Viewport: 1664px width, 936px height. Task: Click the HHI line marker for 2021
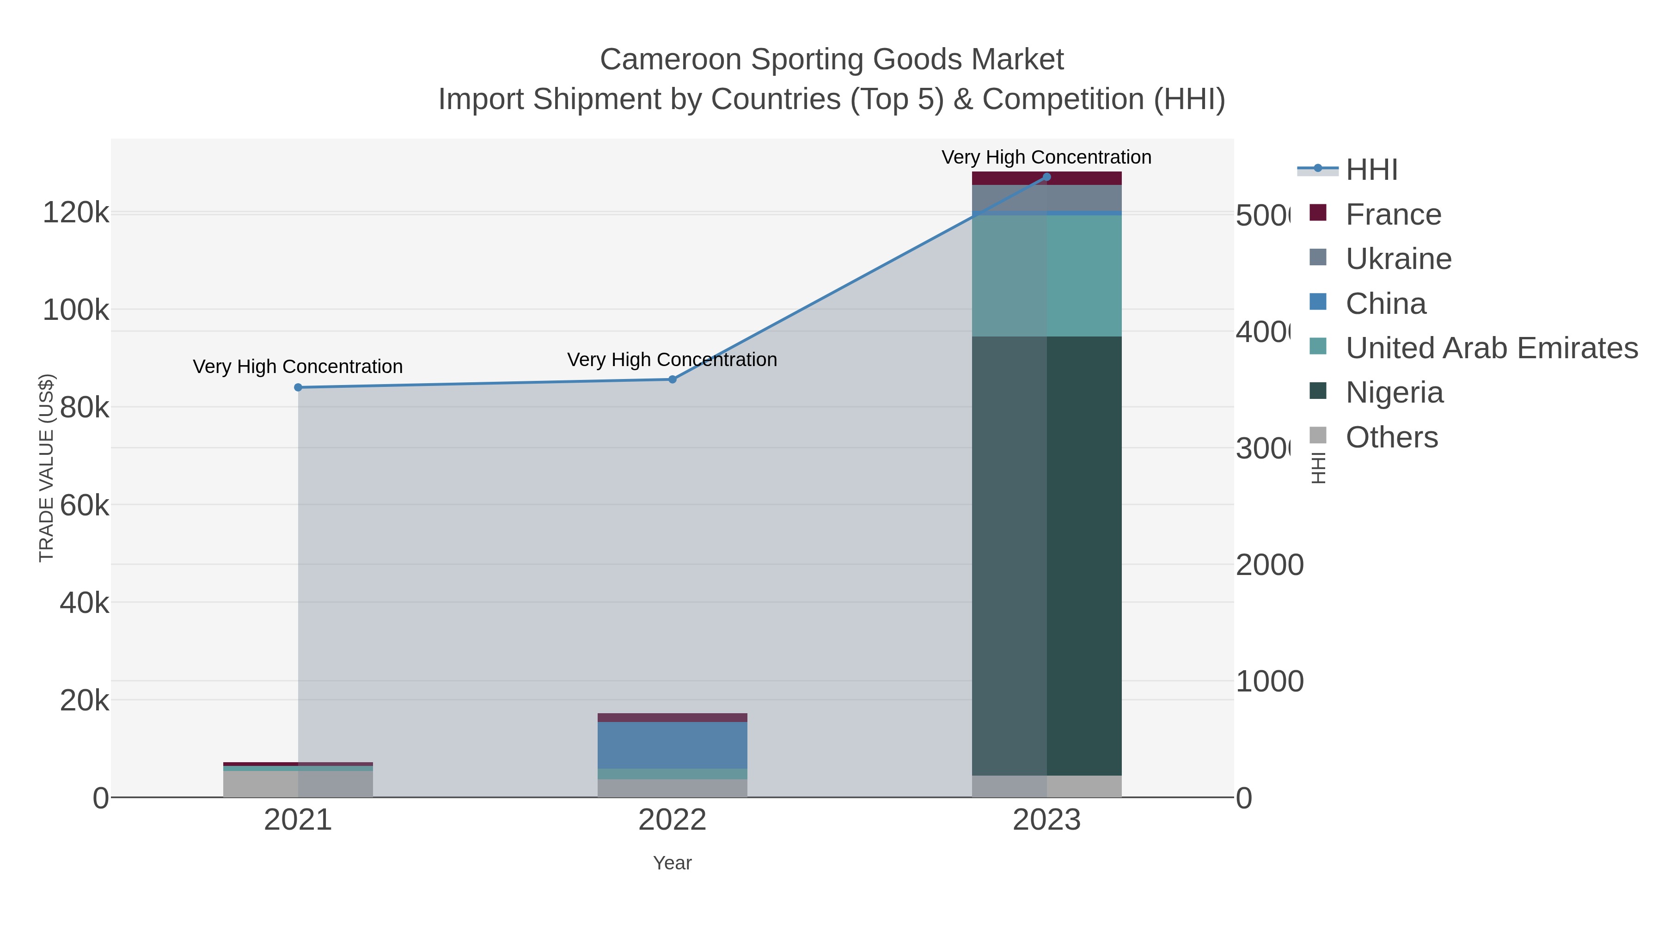(x=298, y=388)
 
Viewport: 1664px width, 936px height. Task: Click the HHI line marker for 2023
(x=1046, y=177)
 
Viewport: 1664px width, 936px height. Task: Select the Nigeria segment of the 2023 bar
(x=1046, y=556)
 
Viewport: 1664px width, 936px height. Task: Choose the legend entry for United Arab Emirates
(x=1491, y=348)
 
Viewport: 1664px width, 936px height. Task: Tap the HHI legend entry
(x=1371, y=170)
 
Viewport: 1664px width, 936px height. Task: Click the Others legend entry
(x=1391, y=437)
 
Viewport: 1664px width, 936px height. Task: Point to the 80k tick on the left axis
(x=84, y=408)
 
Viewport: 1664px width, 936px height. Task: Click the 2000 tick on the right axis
(x=1269, y=565)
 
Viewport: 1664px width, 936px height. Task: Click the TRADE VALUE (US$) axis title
(x=47, y=468)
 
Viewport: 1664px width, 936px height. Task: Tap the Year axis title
(x=672, y=863)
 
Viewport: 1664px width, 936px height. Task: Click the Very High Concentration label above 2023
(x=1046, y=157)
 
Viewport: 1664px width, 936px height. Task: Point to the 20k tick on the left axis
(x=84, y=700)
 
